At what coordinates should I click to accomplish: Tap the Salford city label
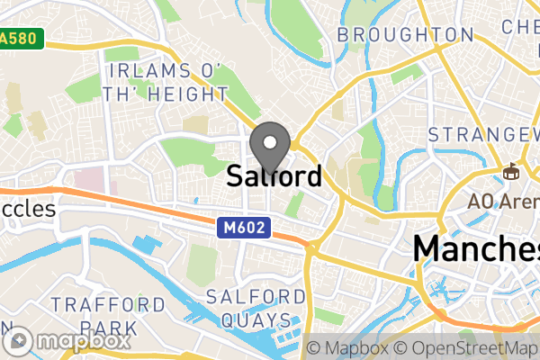click(274, 175)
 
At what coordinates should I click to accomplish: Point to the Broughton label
click(405, 35)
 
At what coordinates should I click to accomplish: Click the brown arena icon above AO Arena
click(512, 169)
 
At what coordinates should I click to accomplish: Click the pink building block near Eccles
click(91, 177)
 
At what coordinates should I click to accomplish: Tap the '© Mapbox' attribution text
click(353, 346)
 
